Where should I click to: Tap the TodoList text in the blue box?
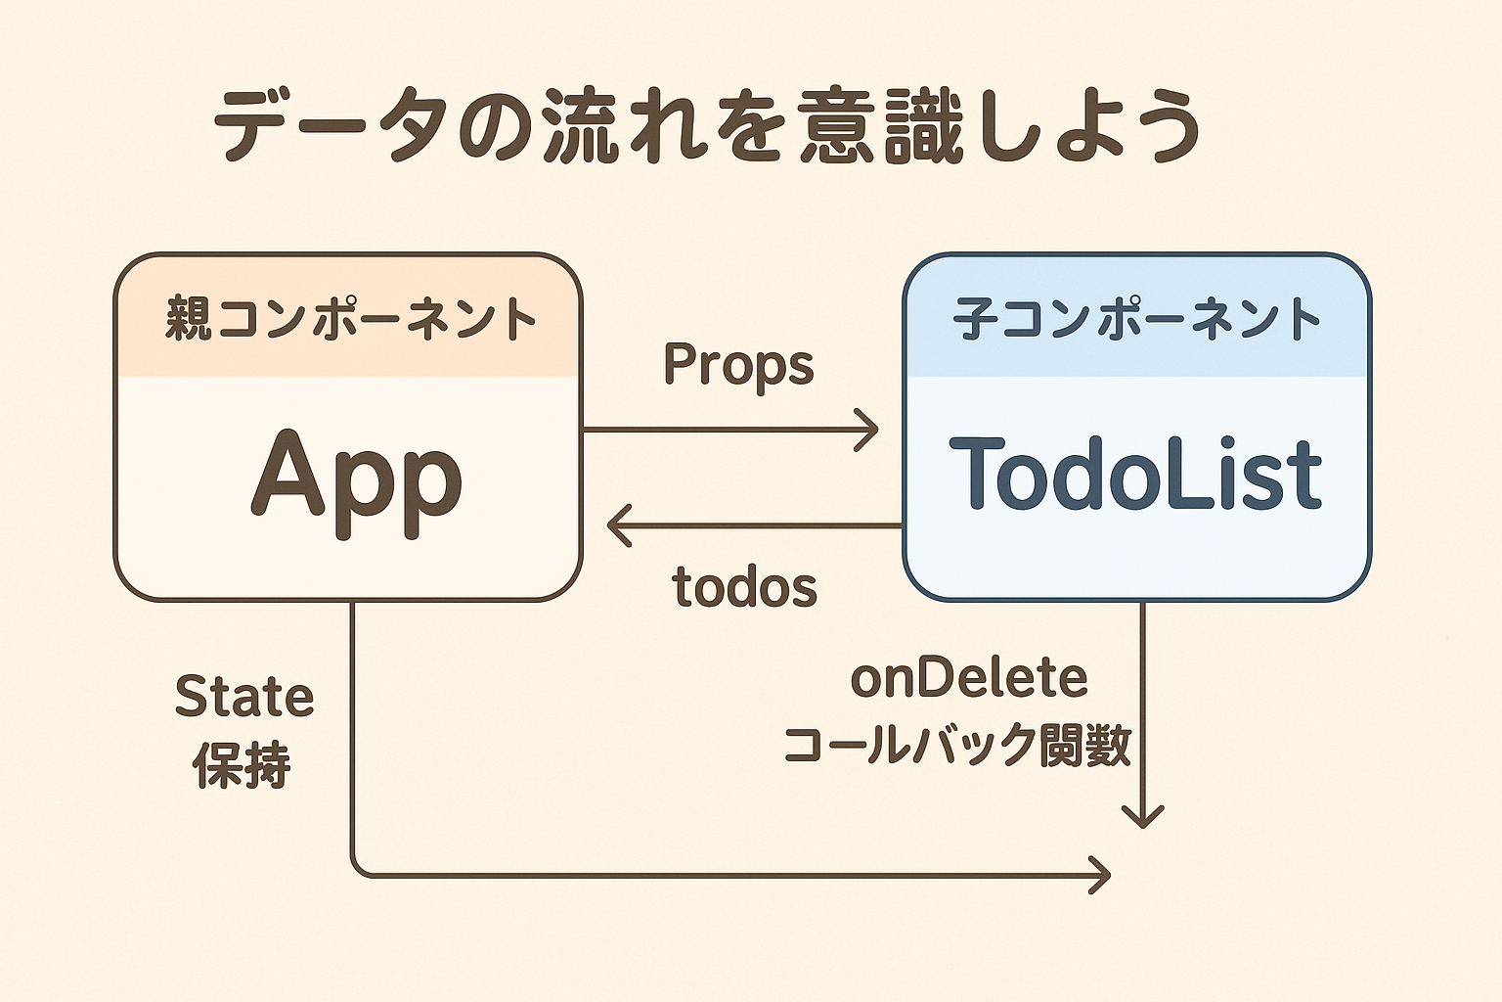click(1135, 474)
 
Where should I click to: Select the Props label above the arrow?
click(739, 366)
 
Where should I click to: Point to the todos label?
click(744, 587)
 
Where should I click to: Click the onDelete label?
click(969, 678)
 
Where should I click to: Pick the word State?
click(244, 696)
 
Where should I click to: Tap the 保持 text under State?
click(243, 764)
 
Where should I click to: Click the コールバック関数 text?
click(958, 745)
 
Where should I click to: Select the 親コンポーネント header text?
click(350, 319)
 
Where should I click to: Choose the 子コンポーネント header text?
click(1136, 319)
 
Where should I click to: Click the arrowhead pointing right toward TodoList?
click(867, 430)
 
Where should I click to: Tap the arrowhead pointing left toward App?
click(619, 525)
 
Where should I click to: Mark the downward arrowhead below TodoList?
click(1142, 817)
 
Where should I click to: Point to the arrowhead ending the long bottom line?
click(1099, 875)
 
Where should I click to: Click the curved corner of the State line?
click(357, 869)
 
